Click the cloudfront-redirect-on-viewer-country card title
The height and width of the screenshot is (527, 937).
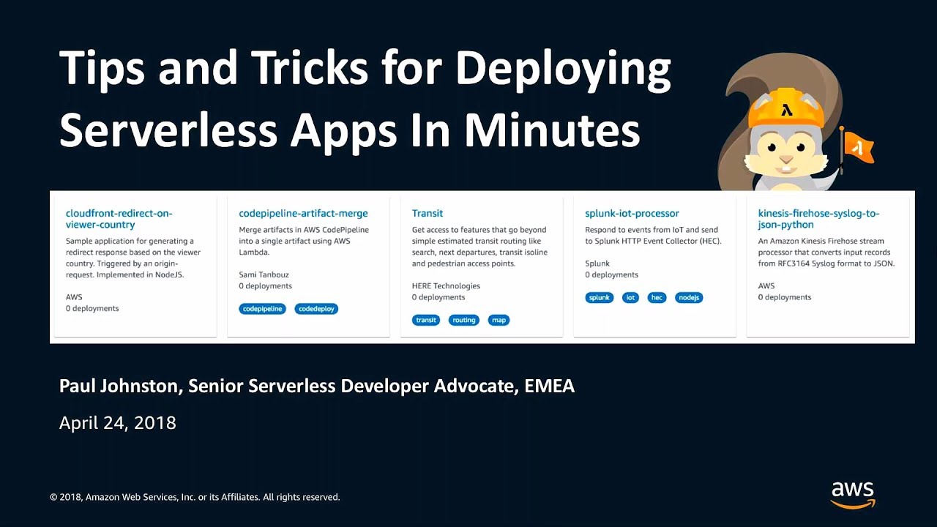[119, 219]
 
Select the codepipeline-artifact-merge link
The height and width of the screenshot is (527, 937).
[303, 213]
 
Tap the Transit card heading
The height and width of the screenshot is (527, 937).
[427, 213]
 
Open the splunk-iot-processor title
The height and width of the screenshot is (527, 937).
[632, 213]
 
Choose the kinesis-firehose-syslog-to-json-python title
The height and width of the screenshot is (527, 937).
[818, 219]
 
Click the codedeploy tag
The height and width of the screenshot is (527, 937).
[316, 309]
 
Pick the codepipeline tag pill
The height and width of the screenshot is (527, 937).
[262, 309]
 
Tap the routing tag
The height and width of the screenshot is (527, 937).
[464, 320]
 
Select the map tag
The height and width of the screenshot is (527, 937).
[499, 320]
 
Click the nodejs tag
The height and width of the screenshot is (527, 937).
[689, 297]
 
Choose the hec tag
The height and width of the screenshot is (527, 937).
[657, 297]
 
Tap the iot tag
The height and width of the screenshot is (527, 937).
[630, 297]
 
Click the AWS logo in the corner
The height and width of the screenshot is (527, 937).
[853, 494]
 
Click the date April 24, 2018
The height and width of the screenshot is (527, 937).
[118, 422]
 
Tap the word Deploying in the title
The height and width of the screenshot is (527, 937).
[563, 69]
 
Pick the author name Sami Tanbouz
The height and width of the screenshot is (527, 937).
[264, 274]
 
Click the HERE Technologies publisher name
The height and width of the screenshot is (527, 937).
[446, 286]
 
